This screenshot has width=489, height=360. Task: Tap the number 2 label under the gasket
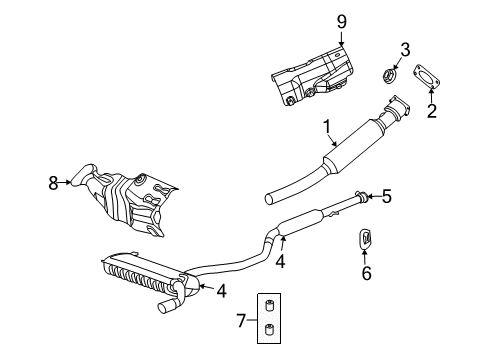(x=432, y=111)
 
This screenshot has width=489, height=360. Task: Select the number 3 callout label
(x=405, y=49)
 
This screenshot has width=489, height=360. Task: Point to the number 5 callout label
(x=386, y=197)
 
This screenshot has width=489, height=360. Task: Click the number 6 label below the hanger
(x=366, y=273)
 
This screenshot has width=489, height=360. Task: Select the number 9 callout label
(x=341, y=19)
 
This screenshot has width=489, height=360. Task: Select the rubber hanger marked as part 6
(x=366, y=240)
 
